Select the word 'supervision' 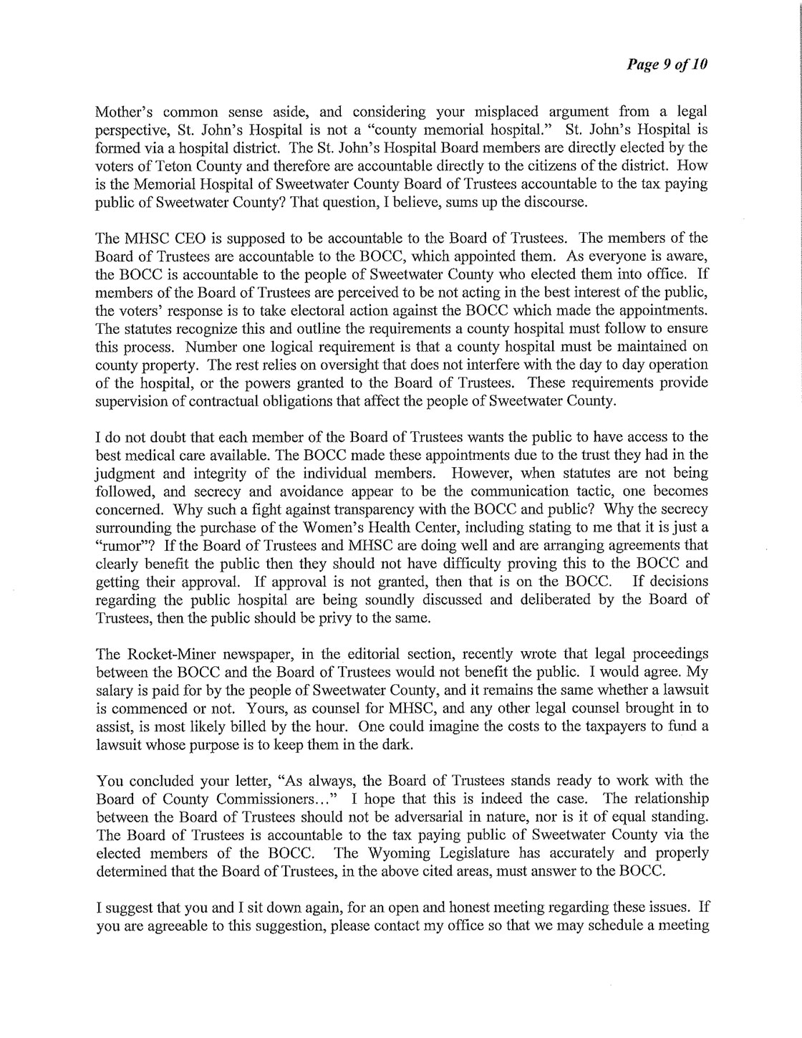tap(128, 401)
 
